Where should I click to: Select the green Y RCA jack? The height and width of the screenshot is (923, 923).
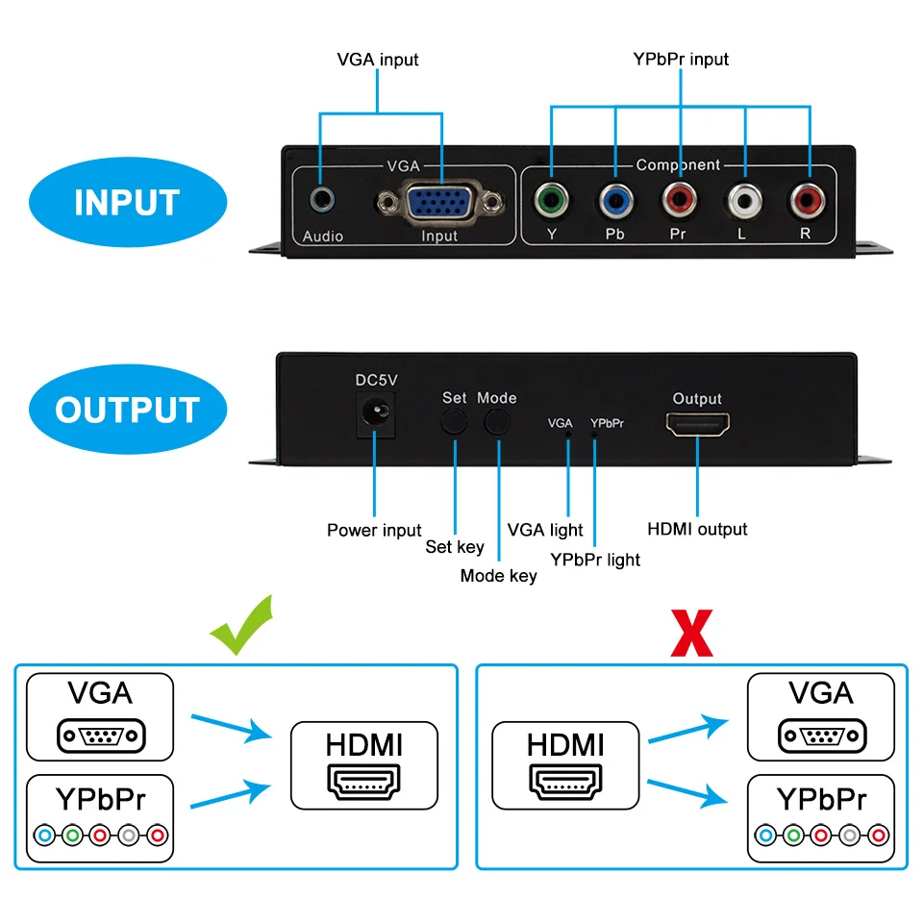point(551,200)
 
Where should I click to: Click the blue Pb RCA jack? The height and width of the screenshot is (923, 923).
point(615,200)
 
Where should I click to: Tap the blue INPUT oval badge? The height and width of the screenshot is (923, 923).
point(127,203)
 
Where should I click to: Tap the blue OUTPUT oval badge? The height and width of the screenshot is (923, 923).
point(127,410)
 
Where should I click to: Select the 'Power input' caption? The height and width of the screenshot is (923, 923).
point(374,530)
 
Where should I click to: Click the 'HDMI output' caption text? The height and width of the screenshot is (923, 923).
point(696,529)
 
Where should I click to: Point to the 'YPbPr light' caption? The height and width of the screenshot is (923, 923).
point(595,560)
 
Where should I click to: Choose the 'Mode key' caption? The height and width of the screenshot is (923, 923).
point(498,576)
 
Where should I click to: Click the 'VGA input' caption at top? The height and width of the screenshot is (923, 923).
point(378,60)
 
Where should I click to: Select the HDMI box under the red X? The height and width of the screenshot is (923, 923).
point(565,765)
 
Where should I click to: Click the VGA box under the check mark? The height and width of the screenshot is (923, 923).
point(100,716)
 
